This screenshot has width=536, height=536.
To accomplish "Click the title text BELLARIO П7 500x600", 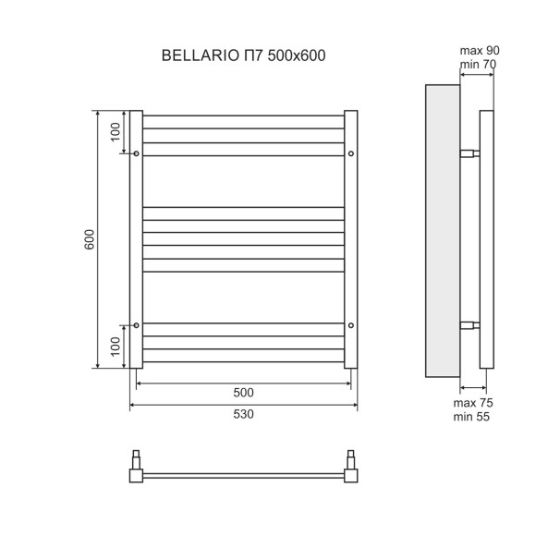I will point(243,56).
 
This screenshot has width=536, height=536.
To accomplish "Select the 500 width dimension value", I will point(244,393).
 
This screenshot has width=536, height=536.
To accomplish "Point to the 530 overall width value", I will point(244,415).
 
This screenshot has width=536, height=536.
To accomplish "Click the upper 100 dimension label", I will point(115,131).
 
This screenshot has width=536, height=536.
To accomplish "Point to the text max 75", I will point(471,402).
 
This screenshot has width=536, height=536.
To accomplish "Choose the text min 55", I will point(471,418).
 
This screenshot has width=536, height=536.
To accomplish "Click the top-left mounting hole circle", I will point(137,153).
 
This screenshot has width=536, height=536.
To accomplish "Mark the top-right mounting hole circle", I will point(351,153).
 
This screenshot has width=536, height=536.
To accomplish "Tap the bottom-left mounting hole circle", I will point(137,324).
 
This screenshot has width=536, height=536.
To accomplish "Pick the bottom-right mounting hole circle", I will point(351,324).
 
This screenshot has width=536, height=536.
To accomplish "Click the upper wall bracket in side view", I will point(469,153).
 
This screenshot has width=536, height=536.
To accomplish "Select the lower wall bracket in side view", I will point(469,324).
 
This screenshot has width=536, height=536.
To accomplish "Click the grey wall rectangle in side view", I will point(442,231).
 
